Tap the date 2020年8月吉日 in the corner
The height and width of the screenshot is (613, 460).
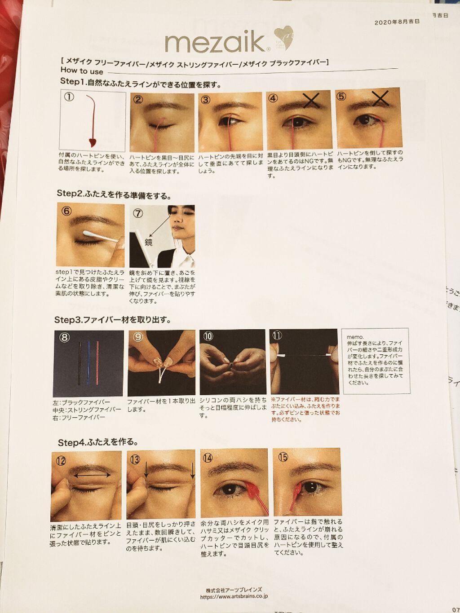pyautogui.click(x=397, y=22)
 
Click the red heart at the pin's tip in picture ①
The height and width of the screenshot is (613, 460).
pyautogui.click(x=93, y=143)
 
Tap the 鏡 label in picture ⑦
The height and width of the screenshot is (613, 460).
pyautogui.click(x=148, y=243)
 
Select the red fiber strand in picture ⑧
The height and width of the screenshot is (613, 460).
pyautogui.click(x=97, y=364)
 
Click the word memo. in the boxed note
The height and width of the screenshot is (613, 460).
pyautogui.click(x=354, y=336)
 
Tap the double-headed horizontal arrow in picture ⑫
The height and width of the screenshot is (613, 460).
pyautogui.click(x=93, y=475)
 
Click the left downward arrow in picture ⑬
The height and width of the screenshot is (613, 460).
pyautogui.click(x=146, y=470)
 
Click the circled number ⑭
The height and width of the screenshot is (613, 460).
pyautogui.click(x=208, y=458)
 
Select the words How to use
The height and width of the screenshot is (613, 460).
pyautogui.click(x=82, y=71)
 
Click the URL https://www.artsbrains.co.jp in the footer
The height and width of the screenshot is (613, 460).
pyautogui.click(x=234, y=597)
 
